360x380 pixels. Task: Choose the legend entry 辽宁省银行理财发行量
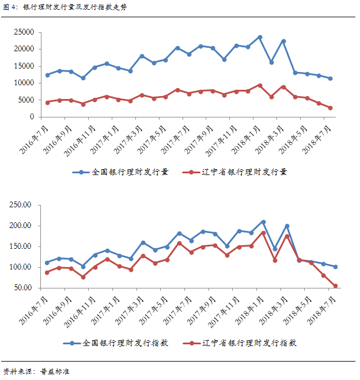(238, 172)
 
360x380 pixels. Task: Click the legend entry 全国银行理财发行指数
(120, 343)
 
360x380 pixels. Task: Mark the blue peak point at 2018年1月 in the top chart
(260, 37)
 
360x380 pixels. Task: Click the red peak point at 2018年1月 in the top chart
(260, 85)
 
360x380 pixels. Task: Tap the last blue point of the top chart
(330, 78)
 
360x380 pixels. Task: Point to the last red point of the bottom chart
(335, 286)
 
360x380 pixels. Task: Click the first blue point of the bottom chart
(47, 263)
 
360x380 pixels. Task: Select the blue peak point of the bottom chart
(263, 222)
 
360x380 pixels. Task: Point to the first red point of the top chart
(47, 102)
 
